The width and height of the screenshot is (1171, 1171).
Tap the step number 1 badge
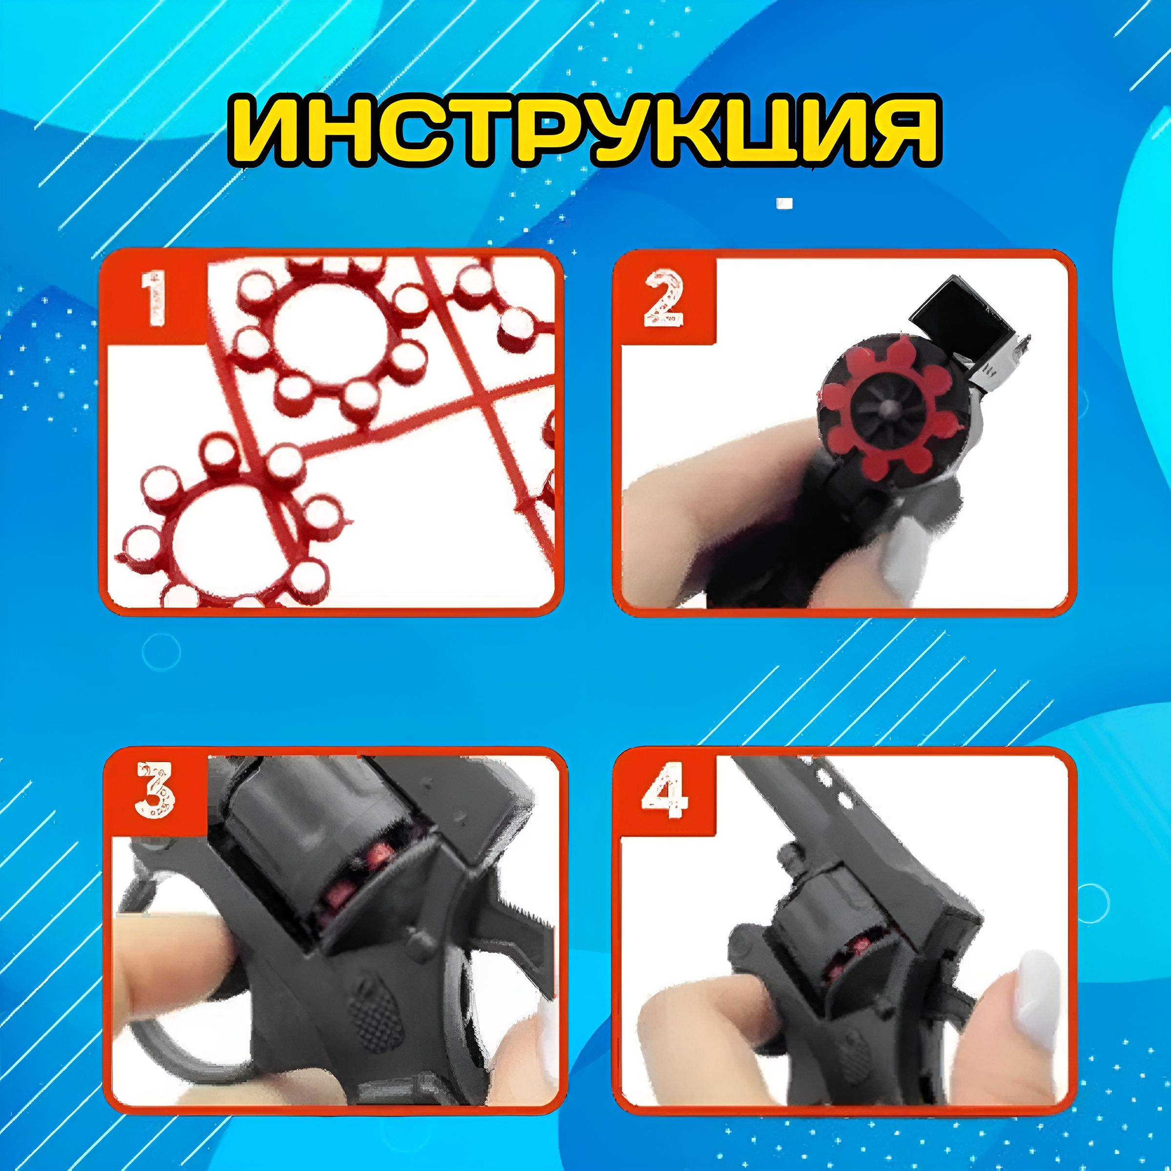(155, 299)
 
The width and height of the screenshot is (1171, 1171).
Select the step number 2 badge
(664, 298)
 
